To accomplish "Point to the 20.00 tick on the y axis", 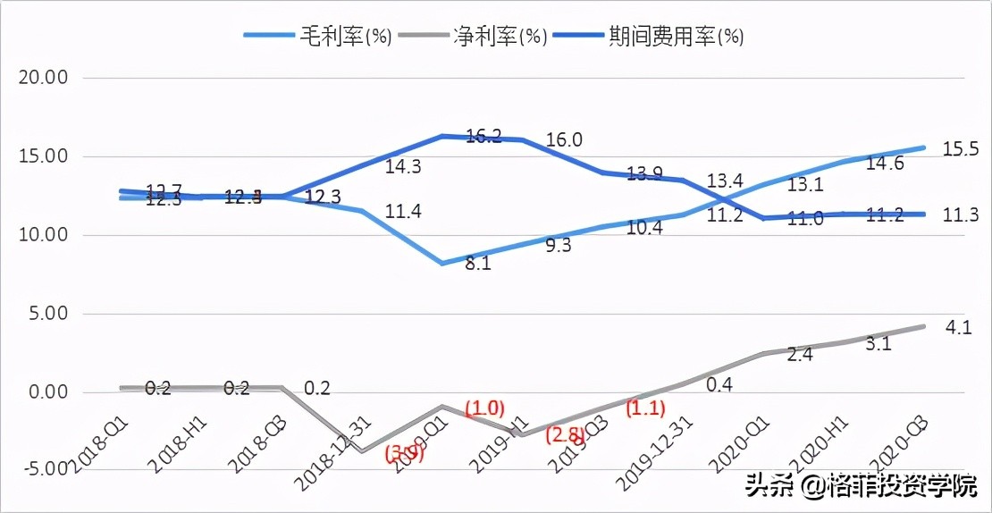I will (x=44, y=78).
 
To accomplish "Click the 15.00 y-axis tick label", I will (x=44, y=156).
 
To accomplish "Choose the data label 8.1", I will (x=479, y=265).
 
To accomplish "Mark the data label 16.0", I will (x=564, y=139).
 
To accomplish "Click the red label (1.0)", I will (x=485, y=408).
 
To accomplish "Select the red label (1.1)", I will (x=643, y=408).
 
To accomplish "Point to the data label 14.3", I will (x=403, y=166).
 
